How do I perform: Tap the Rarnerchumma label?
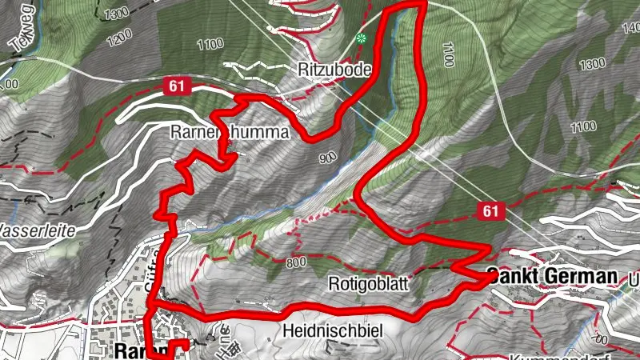pyautogui.click(x=228, y=134)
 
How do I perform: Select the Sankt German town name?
pyautogui.click(x=553, y=276)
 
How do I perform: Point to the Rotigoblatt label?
pyautogui.click(x=369, y=283)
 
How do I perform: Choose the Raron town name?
pyautogui.click(x=132, y=350)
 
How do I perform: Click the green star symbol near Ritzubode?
pyautogui.click(x=362, y=38)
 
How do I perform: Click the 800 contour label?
pyautogui.click(x=296, y=261)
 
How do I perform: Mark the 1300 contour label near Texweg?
pyautogui.click(x=115, y=12)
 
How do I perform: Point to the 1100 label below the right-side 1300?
pyautogui.click(x=584, y=126)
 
